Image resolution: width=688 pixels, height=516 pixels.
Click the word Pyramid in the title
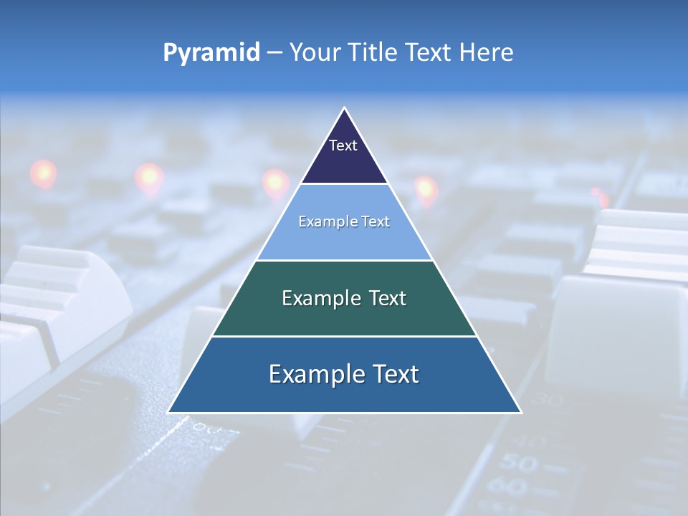click(211, 53)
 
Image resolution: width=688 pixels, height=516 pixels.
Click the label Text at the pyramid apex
click(343, 145)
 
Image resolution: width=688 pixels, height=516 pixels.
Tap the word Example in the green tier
click(317, 298)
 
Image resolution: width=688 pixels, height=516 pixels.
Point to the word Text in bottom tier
click(392, 374)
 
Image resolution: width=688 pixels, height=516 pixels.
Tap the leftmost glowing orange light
click(43, 173)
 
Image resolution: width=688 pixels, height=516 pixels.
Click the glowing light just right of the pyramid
click(426, 188)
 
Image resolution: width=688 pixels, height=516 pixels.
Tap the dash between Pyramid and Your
click(274, 53)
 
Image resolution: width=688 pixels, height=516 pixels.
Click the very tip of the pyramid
click(344, 109)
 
